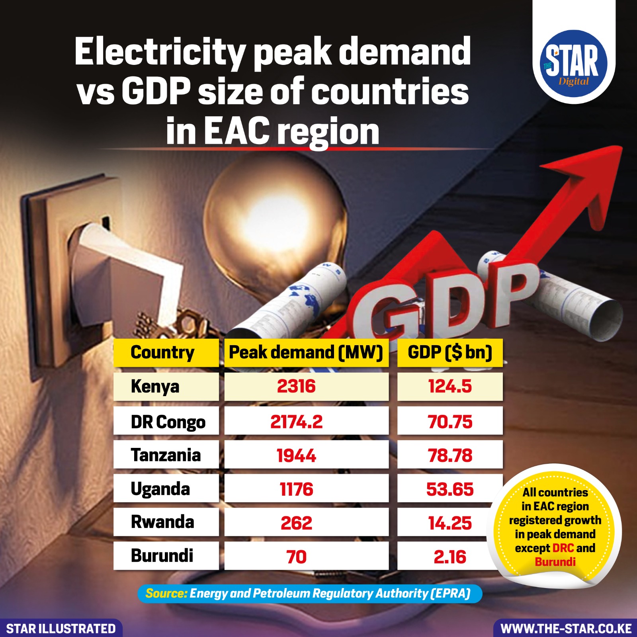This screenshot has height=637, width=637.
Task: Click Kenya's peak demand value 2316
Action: point(296,387)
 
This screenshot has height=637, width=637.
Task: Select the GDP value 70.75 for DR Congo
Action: point(450,422)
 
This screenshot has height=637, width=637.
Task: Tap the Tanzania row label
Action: point(166,455)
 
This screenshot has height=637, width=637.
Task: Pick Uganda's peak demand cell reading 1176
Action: point(296,489)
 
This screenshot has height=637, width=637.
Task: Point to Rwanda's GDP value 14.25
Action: point(450,523)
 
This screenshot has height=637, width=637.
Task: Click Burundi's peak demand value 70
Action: point(296,557)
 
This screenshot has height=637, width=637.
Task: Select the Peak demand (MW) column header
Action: point(306,352)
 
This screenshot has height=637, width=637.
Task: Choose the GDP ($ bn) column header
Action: point(450,352)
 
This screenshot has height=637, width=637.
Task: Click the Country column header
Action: point(162,352)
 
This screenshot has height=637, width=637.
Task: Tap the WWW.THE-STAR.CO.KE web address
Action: point(566,629)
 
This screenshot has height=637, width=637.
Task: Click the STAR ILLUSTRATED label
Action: point(61,629)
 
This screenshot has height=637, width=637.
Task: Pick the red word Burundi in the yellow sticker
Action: point(555,562)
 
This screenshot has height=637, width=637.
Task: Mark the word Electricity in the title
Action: point(159,52)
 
